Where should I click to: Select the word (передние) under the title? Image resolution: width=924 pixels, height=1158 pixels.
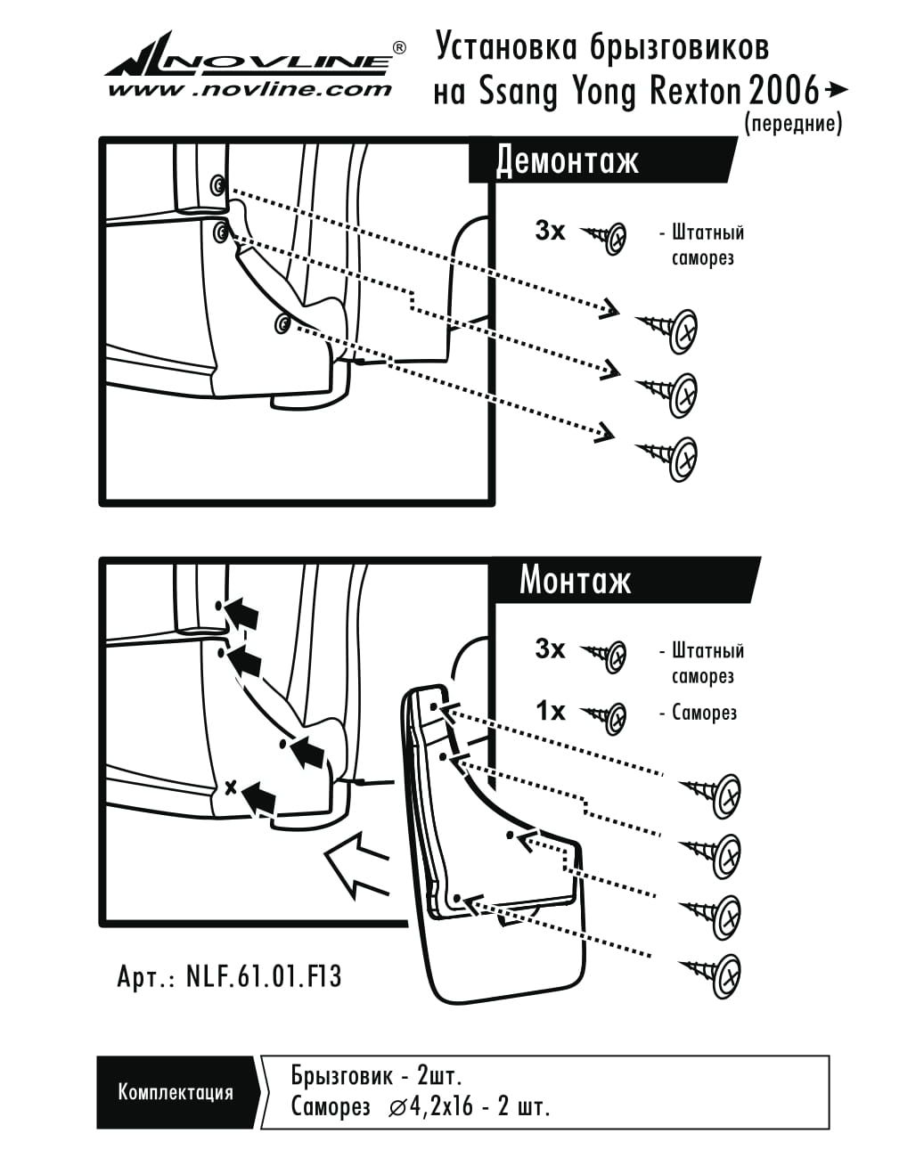click(792, 124)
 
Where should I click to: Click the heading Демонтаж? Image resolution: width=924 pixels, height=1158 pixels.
click(568, 161)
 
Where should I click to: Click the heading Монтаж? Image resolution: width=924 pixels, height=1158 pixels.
click(576, 580)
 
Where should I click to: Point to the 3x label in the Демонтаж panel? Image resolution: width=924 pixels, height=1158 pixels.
click(550, 232)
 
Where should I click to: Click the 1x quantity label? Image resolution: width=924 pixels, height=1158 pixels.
click(550, 711)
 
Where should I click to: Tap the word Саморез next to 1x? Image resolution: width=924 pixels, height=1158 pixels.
click(704, 713)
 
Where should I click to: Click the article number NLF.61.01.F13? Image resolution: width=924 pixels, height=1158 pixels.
click(264, 976)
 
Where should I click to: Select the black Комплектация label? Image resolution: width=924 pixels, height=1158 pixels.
click(176, 1092)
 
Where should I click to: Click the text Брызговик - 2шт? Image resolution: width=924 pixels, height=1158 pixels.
click(376, 1075)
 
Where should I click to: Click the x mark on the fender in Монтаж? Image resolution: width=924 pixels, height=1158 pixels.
click(230, 787)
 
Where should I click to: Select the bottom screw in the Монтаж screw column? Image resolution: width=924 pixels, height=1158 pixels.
click(713, 973)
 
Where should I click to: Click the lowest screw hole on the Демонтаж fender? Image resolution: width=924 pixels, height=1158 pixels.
click(282, 323)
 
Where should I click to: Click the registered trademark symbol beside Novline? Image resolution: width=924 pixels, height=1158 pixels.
click(399, 47)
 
